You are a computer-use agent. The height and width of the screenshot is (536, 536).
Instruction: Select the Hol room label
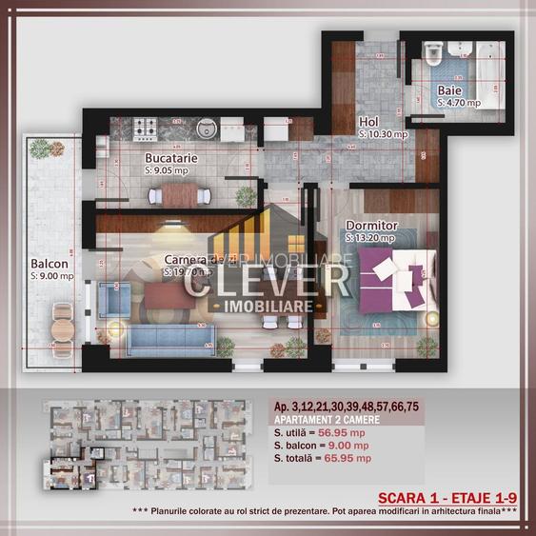pos(368,122)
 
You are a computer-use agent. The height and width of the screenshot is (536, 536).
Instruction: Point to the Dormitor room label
pos(371,226)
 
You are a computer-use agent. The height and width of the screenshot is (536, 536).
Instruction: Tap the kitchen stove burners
pos(145,127)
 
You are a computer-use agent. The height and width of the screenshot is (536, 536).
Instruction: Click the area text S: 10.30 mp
pos(383,135)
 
